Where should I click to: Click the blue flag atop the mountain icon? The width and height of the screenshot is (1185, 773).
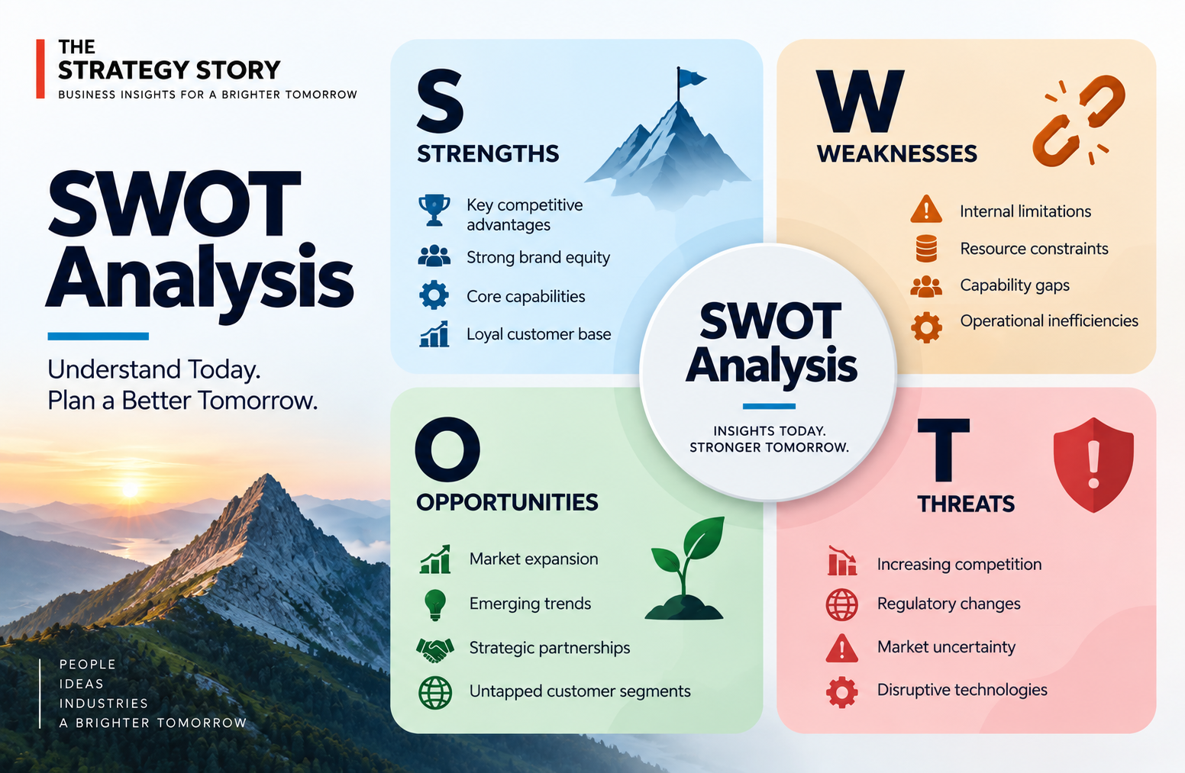[x=690, y=79]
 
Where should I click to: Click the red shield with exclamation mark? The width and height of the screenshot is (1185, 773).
[x=1093, y=465]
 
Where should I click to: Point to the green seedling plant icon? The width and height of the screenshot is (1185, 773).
[x=685, y=568]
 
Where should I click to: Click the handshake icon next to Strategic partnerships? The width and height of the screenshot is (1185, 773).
[x=435, y=649]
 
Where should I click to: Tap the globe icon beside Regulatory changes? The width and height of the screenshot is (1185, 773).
[x=841, y=604]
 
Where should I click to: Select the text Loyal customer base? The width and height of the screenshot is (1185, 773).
[x=538, y=334]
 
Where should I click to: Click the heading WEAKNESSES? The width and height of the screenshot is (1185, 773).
[x=896, y=154]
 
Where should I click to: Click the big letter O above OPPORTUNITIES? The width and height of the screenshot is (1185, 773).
[x=447, y=449]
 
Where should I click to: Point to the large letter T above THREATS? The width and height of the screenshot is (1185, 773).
[x=943, y=450]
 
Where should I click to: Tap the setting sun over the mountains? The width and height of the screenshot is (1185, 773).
[x=130, y=488]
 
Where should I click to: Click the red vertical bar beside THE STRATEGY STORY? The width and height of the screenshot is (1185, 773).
[x=40, y=69]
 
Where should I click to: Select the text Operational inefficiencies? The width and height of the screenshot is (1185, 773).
[x=1049, y=321]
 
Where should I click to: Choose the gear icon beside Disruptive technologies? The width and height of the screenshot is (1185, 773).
[x=841, y=691]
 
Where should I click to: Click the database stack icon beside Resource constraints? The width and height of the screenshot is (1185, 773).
[x=926, y=249]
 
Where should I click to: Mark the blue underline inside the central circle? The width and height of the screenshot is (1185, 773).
[x=769, y=406]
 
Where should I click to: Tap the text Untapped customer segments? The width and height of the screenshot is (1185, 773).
[x=580, y=691]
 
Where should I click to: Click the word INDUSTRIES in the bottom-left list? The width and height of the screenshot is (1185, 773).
[x=104, y=704]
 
